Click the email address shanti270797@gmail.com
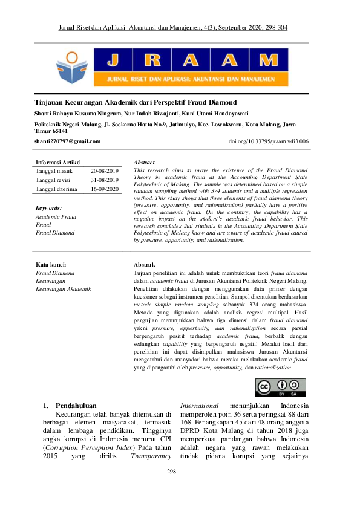click(x=68, y=141)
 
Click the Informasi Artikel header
click(x=59, y=163)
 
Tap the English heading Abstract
click(x=144, y=163)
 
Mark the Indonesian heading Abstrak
click(x=144, y=265)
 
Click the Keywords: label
click(x=49, y=207)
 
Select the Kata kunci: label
click(x=51, y=265)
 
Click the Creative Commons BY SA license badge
click(x=280, y=387)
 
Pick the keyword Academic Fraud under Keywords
click(x=56, y=216)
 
